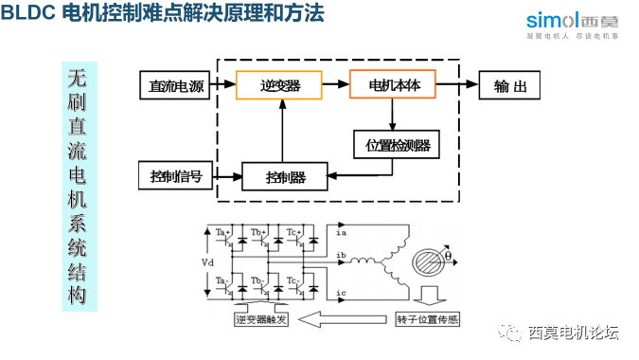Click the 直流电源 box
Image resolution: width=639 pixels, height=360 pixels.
pyautogui.click(x=176, y=86)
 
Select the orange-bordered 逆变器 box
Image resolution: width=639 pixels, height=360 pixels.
pyautogui.click(x=280, y=85)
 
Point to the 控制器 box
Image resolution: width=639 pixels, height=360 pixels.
pyautogui.click(x=285, y=176)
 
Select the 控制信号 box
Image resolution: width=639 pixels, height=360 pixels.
pyautogui.click(x=176, y=175)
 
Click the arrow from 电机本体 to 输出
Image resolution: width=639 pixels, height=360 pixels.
pyautogui.click(x=457, y=85)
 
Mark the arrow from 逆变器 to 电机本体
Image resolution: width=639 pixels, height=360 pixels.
pyautogui.click(x=335, y=85)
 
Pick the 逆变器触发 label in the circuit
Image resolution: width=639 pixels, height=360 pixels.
pyautogui.click(x=263, y=319)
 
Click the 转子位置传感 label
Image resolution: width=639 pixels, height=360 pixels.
pyautogui.click(x=427, y=319)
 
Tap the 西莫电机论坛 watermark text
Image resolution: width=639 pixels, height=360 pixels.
pyautogui.click(x=573, y=333)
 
